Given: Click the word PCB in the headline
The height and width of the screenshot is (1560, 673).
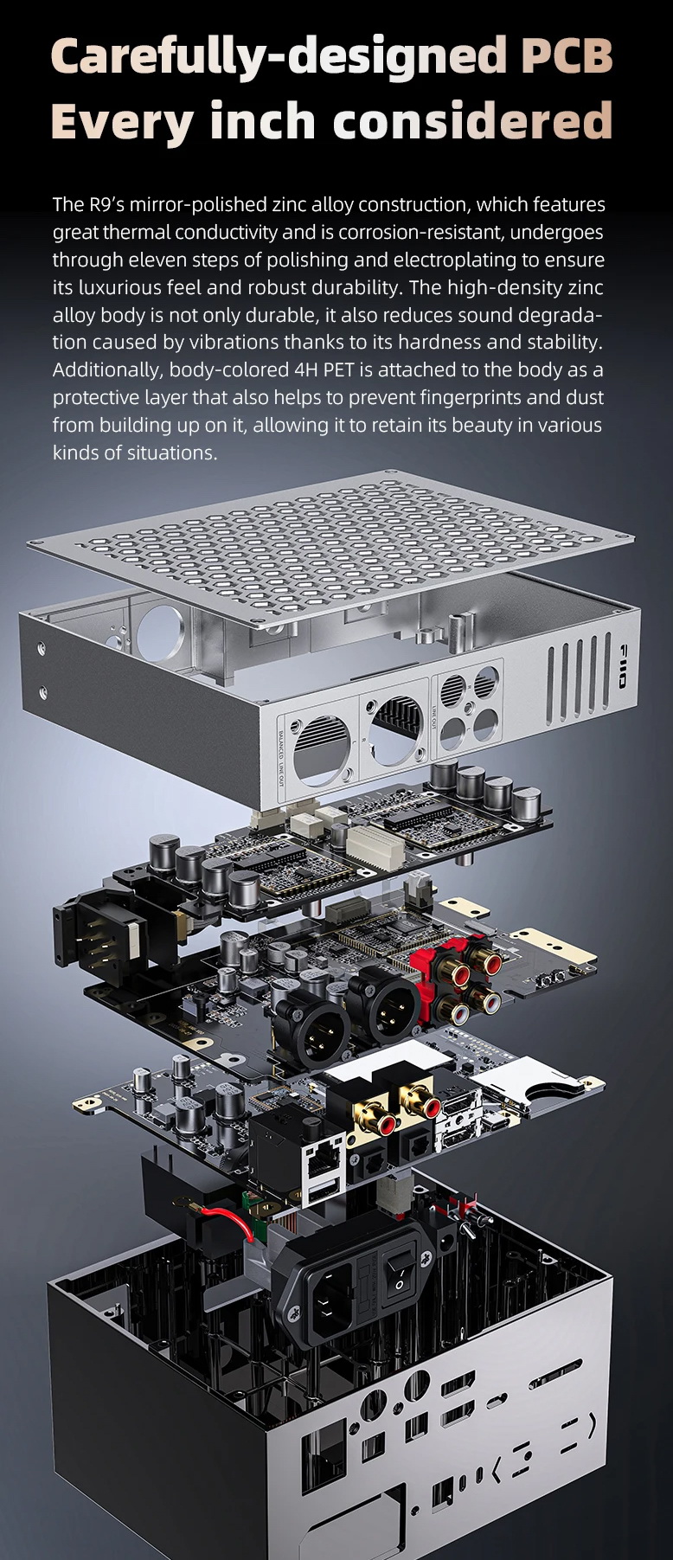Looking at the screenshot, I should pyautogui.click(x=567, y=56).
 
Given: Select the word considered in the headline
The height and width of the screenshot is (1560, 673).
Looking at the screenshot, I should pyautogui.click(x=473, y=121).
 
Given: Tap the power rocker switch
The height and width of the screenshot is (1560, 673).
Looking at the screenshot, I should pyautogui.click(x=401, y=1271).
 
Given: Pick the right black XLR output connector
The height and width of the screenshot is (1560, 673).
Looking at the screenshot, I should pyautogui.click(x=383, y=1005).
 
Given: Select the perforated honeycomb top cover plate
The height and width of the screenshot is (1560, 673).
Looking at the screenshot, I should pyautogui.click(x=329, y=541).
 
